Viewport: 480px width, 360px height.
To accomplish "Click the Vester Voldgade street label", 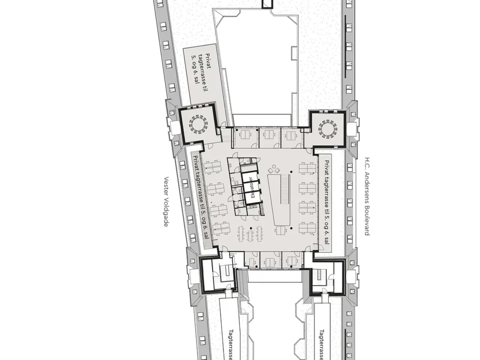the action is pos(166,201).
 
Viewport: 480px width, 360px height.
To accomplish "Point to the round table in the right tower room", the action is pos(328,129).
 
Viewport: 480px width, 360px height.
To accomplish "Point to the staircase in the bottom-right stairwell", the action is pos(319,277).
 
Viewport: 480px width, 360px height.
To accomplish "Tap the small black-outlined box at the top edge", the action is pos(267,4).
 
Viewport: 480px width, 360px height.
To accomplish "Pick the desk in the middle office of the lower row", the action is pos(270,262).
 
